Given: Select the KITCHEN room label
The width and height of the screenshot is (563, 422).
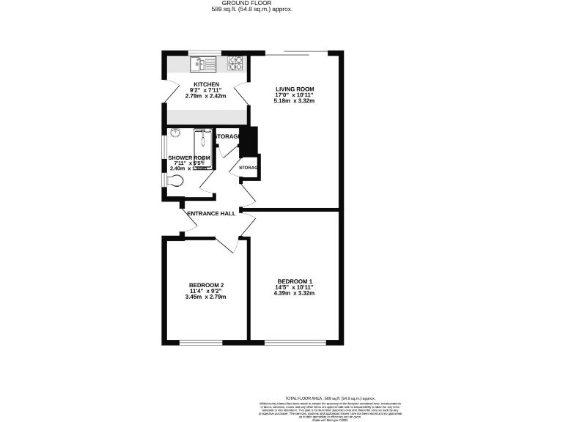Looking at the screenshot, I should point(206,84).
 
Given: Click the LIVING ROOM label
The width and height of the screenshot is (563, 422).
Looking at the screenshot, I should point(294,89).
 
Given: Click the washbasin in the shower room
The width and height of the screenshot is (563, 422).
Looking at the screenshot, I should point(175,133).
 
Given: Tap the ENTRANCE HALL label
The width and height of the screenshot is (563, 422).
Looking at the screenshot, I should point(211,213).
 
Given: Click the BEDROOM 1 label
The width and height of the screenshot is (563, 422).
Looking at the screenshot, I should point(294,281).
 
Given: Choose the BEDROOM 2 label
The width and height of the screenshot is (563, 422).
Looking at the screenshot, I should point(206,285).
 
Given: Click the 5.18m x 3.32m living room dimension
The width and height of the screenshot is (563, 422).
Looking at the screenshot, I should point(294,101).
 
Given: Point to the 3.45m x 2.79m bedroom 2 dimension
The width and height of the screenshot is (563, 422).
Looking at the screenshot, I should point(206,297).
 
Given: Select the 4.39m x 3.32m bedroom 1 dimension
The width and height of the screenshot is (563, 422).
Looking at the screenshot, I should point(294,293).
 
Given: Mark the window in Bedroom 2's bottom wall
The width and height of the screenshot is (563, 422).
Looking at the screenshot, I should point(205,342).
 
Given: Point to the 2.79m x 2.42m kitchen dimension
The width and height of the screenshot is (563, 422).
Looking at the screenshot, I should point(206,96).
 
